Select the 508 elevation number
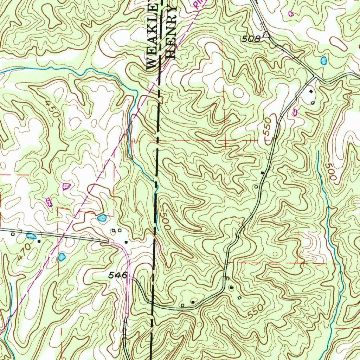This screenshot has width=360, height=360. pyautogui.click(x=251, y=39)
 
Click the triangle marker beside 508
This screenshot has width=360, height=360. pyautogui.click(x=266, y=34)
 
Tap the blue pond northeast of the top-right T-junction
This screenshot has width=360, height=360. pyautogui.click(x=323, y=61)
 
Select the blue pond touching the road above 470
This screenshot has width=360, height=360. pyautogui.click(x=31, y=236)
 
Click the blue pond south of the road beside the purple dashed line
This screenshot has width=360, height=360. pyautogui.click(x=62, y=257)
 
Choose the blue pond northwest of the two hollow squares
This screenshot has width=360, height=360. pyautogui.click(x=102, y=218)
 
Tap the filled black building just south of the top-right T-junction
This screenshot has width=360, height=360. pyautogui.click(x=311, y=92)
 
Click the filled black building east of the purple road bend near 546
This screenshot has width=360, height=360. pyautogui.click(x=126, y=242)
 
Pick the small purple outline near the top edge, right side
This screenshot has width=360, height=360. pyautogui.click(x=291, y=14)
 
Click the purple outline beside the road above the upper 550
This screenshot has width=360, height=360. pyautogui.click(x=295, y=112)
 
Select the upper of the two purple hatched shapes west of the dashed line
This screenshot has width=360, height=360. pyautogui.click(x=66, y=186)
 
